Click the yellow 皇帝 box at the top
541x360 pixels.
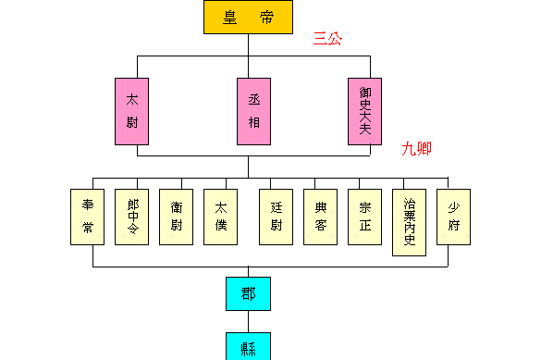[x=248, y=17]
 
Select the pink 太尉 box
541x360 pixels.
[x=132, y=111]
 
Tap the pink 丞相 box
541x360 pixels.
[x=254, y=111]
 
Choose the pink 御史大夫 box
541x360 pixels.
[x=365, y=111]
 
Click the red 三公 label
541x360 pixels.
[x=327, y=39]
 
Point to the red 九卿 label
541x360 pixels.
[x=416, y=148]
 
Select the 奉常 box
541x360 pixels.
[x=88, y=217]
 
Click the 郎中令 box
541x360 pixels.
[x=132, y=217]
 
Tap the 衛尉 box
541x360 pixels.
[x=177, y=217]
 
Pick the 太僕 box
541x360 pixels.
[x=221, y=217]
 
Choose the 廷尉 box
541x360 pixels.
[x=277, y=217]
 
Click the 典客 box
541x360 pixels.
[x=321, y=217]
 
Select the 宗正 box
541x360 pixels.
[x=365, y=217]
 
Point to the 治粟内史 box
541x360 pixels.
[x=410, y=221]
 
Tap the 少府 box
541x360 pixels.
[x=454, y=217]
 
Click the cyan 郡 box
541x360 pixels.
[x=249, y=294]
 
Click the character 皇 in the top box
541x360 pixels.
[x=230, y=17]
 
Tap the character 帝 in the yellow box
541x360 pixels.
[x=265, y=17]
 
